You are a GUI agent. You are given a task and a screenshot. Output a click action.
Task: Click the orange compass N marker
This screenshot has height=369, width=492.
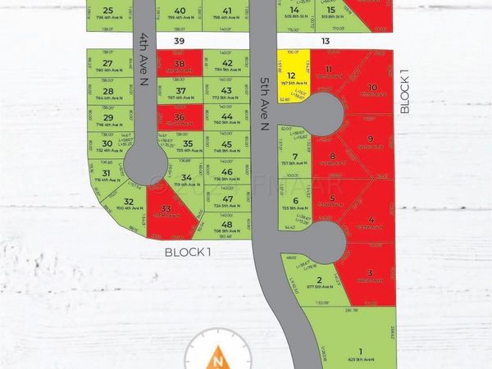pyautogui.click(x=217, y=354)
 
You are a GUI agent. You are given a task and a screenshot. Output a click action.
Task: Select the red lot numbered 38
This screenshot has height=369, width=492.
pyautogui.click(x=180, y=65)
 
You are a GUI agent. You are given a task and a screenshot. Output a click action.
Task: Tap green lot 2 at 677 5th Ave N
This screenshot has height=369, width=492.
pyautogui.click(x=319, y=281)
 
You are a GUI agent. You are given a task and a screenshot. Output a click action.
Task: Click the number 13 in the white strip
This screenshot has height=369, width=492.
pyautogui.click(x=326, y=40)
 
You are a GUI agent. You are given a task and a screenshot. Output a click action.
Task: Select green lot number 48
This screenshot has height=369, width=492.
pyautogui.click(x=227, y=225)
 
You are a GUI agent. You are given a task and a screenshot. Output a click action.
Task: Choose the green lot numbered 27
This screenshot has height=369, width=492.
pyautogui.click(x=107, y=65)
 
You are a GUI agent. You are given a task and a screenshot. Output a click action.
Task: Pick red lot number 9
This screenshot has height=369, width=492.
pyautogui.click(x=370, y=141)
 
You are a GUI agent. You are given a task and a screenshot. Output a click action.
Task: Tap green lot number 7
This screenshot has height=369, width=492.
pyautogui.click(x=295, y=157)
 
